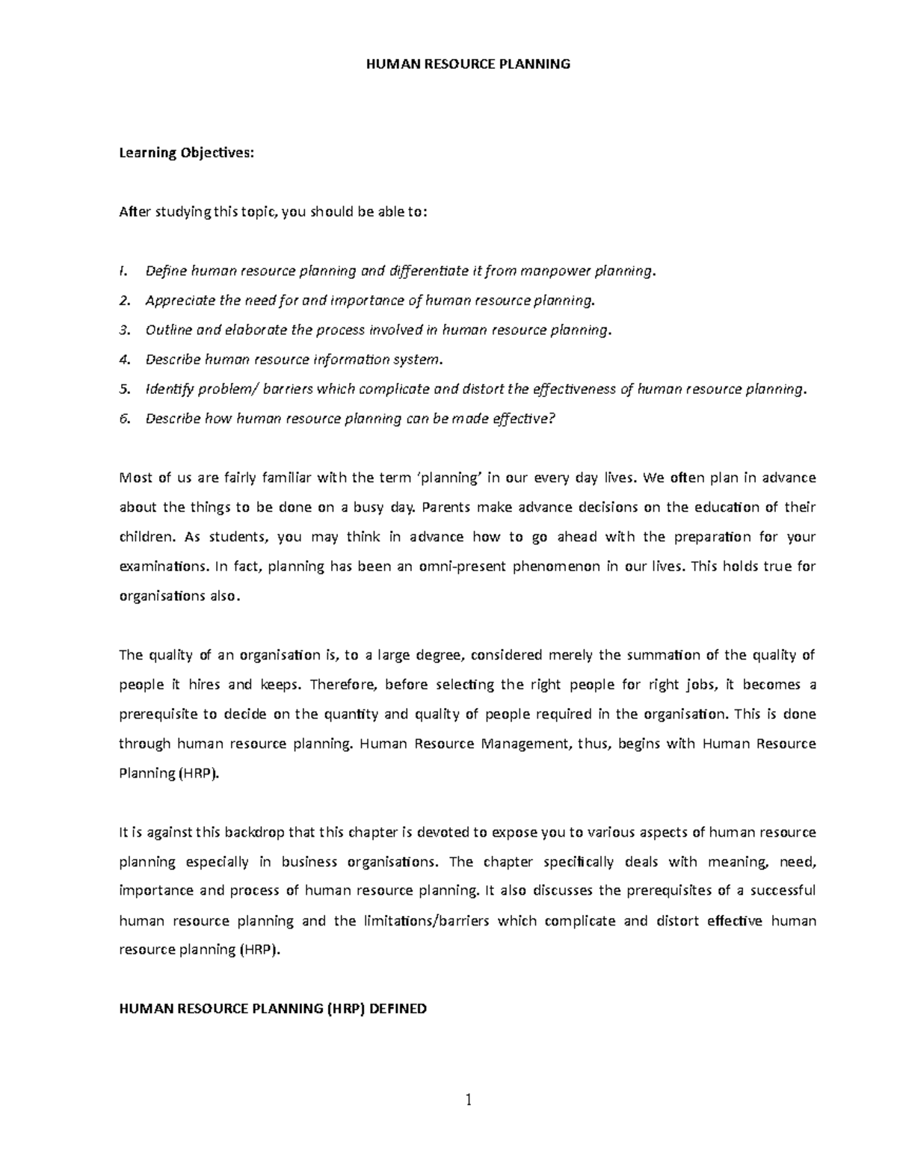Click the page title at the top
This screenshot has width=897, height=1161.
pyautogui.click(x=468, y=64)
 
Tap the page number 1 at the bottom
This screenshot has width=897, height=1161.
pyautogui.click(x=469, y=1100)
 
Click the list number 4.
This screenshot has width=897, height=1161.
pyautogui.click(x=124, y=360)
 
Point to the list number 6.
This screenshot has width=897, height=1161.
pyautogui.click(x=124, y=419)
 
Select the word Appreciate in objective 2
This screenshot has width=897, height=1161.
pyautogui.click(x=180, y=301)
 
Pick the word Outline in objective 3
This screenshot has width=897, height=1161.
pyautogui.click(x=169, y=330)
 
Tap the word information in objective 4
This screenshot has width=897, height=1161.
pyautogui.click(x=355, y=360)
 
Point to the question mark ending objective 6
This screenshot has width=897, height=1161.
pyautogui.click(x=552, y=419)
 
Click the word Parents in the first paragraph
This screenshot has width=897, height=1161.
pyautogui.click(x=446, y=508)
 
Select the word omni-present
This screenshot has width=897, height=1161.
pyautogui.click(x=461, y=567)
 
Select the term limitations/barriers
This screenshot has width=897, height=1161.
pyautogui.click(x=426, y=921)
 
